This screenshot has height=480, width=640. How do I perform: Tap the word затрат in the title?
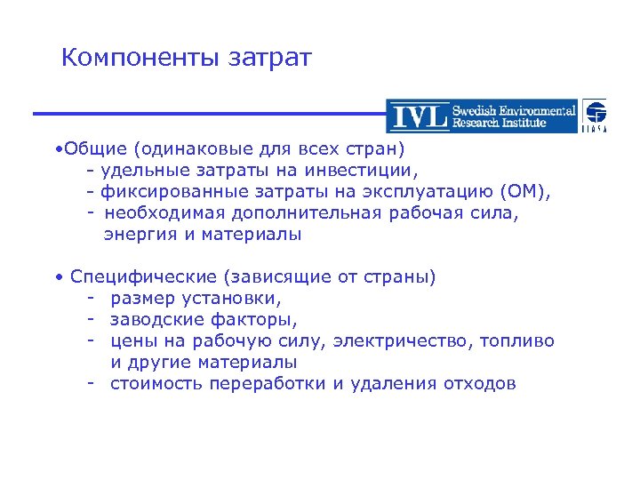[270, 60]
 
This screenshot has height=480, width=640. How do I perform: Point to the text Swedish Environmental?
[513, 110]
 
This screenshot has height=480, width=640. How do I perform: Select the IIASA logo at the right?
[595, 116]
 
